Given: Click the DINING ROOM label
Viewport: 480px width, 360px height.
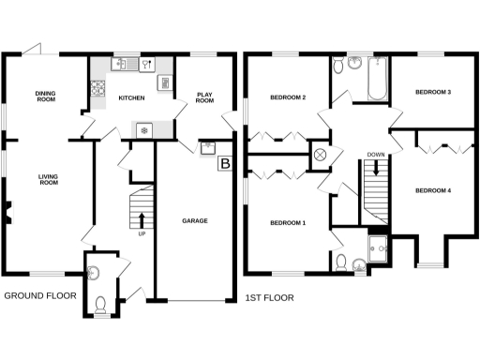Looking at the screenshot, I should [44, 97].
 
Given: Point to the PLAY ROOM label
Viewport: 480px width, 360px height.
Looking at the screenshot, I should [206, 98].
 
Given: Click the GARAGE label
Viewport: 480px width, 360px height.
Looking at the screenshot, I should [194, 221].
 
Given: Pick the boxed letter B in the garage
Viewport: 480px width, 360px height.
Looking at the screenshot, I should [224, 165].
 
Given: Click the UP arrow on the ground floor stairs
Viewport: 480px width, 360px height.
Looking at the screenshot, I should [142, 220].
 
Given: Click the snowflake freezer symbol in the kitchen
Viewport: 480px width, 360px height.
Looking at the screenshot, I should [143, 129].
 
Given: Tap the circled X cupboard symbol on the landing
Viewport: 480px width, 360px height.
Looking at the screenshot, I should [319, 155].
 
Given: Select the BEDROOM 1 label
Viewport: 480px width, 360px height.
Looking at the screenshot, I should [288, 223].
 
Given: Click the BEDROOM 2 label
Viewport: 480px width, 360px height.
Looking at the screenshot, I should [289, 97].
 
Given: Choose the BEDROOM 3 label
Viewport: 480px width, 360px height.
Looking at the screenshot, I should [433, 93].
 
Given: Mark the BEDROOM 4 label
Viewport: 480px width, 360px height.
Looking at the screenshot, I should [433, 191].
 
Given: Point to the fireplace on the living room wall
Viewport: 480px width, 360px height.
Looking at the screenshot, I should [7, 212].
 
